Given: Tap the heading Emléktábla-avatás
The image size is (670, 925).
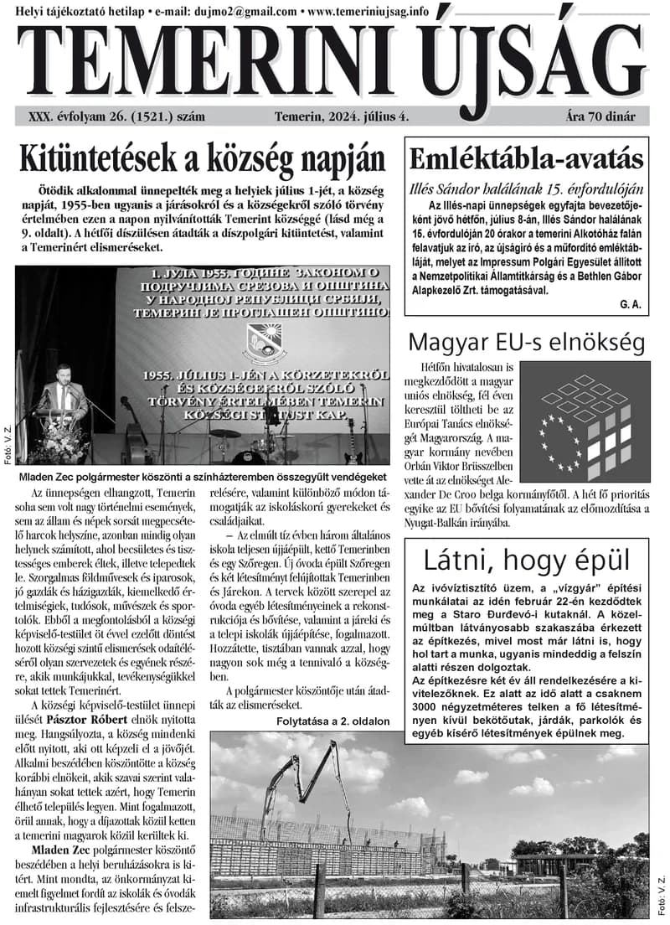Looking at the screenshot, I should (x=526, y=158).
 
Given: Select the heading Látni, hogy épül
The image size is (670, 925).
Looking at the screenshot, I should (x=526, y=560).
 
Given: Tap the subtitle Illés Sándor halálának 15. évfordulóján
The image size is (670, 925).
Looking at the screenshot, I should (x=526, y=189).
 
